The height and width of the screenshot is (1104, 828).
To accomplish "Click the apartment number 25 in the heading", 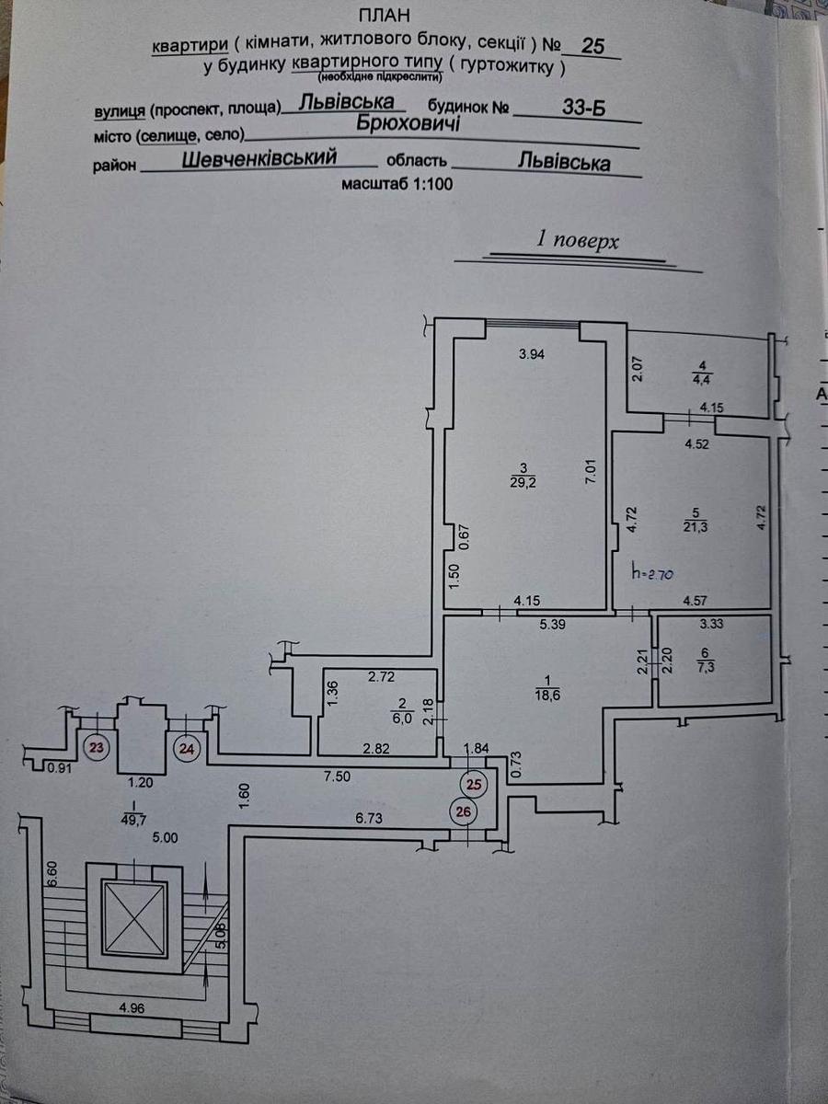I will tap(593, 46).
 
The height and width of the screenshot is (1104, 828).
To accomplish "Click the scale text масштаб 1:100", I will tap(397, 183).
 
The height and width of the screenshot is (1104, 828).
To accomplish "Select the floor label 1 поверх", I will tap(578, 241).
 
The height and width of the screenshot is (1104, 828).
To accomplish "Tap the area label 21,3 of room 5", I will tap(696, 526).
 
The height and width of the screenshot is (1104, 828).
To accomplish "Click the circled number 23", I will tap(96, 748).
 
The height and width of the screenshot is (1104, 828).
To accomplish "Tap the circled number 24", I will tap(187, 748).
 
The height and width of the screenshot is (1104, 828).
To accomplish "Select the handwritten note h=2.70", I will tap(654, 572).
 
